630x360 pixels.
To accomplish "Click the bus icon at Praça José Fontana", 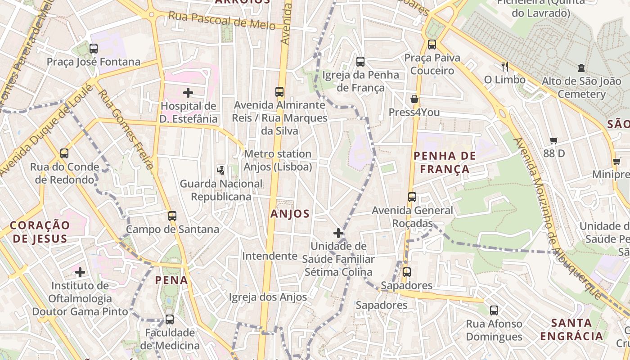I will (94, 48).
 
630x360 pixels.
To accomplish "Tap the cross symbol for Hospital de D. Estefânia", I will (188, 93).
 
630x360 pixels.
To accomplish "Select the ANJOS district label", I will (290, 214).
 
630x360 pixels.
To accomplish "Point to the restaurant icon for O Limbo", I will (505, 67).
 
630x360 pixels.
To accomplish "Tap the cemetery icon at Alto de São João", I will (581, 68).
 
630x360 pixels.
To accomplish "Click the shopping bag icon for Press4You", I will (414, 99).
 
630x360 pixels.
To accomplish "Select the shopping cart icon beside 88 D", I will (554, 140).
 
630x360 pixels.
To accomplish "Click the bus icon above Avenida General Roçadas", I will (412, 197).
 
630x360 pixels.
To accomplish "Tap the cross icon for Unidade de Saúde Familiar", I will (338, 233).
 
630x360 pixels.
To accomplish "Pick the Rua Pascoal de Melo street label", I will (221, 20).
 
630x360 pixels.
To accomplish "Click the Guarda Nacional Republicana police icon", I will (221, 170).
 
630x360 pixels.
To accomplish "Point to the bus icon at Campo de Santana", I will (172, 216).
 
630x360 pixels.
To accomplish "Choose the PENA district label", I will (171, 280).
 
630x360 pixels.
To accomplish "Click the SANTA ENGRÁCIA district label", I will (571, 329).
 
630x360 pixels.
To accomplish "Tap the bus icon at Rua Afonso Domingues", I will (494, 310).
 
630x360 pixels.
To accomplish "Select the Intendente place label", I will (270, 256).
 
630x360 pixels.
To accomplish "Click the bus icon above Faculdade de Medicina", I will (170, 319).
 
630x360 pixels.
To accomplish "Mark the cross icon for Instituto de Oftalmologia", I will (80, 272).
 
